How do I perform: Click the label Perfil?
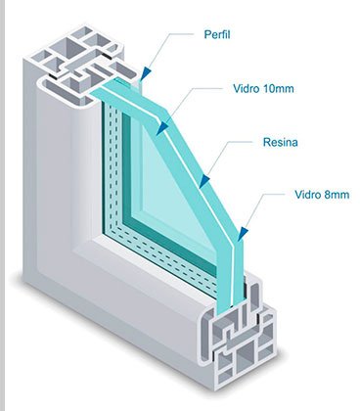(217, 34)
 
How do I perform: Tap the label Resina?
(281, 142)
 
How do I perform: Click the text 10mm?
(278, 88)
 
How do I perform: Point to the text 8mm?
(337, 195)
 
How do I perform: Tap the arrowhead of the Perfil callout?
(147, 73)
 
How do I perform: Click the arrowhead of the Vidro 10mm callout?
(162, 128)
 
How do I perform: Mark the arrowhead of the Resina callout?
(204, 181)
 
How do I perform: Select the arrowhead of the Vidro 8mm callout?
(243, 234)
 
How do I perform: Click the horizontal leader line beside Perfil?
(182, 33)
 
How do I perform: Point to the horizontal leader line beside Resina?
(241, 142)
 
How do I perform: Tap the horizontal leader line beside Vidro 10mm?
(209, 88)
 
